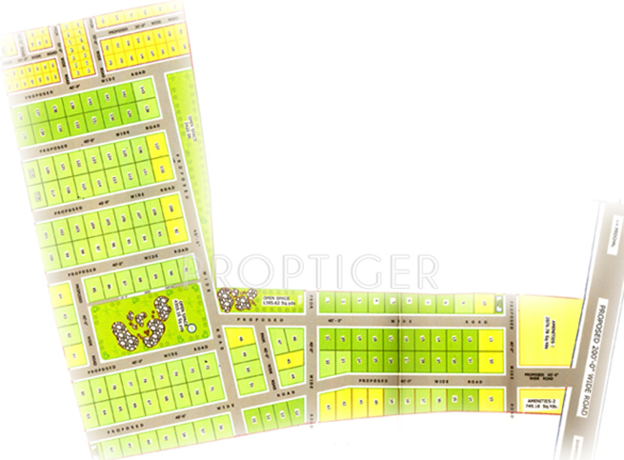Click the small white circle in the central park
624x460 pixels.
coord(191,328)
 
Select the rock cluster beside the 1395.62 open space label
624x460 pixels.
coord(239,298)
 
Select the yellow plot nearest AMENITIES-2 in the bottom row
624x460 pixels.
coord(492,401)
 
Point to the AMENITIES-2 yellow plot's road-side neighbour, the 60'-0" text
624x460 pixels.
coord(543,374)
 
